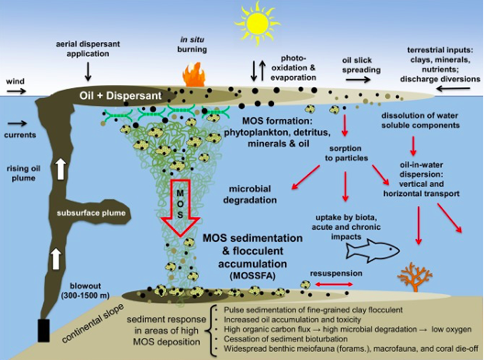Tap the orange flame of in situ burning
(194, 75)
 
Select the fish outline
(372, 250)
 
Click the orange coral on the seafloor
(414, 277)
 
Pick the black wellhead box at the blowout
(44, 331)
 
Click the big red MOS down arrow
(180, 208)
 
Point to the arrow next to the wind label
(17, 91)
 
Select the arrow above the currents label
(17, 124)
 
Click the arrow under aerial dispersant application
(88, 71)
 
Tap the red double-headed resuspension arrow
(334, 284)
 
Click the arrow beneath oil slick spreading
(358, 80)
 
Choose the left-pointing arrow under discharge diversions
(453, 89)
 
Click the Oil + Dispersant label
(120, 95)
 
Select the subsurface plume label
(91, 213)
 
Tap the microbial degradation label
(250, 194)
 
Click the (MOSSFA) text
(252, 276)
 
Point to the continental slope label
(94, 323)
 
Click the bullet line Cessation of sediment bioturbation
(285, 339)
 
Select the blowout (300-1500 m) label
(85, 290)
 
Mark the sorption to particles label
(347, 153)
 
